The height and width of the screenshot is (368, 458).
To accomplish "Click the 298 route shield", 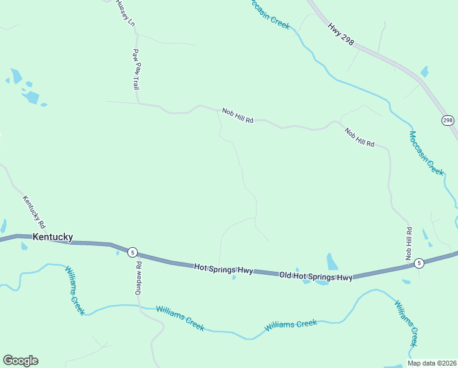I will point(448,120).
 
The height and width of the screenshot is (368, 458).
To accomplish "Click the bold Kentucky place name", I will point(53,237).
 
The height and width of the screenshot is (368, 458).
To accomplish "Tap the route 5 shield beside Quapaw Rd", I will point(132,252).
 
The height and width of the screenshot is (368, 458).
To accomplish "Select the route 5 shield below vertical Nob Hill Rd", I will point(419,263).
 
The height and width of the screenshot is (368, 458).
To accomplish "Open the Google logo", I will point(20,361).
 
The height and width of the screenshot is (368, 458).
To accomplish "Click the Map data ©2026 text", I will point(432,363).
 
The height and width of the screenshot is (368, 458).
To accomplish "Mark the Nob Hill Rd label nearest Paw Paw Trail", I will point(238,115).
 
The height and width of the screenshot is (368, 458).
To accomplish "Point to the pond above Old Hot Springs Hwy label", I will point(332,261).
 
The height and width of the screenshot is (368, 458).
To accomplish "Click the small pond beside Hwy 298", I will point(425,72).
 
